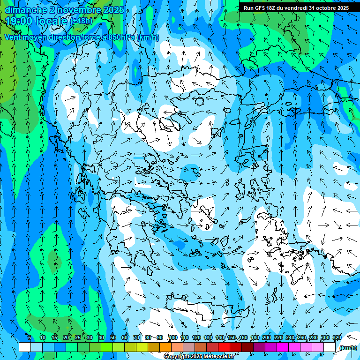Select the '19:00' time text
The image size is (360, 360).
tap(20, 21)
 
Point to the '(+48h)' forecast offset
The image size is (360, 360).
tap(81, 21)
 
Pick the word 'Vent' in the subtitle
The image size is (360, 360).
tap(13, 37)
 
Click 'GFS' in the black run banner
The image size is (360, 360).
tap(261, 8)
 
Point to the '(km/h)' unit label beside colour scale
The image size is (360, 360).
tap(347, 348)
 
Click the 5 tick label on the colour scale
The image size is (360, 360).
tap(30, 337)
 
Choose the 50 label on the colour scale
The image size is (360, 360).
tap(112, 337)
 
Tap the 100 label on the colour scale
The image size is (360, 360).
tap(172, 337)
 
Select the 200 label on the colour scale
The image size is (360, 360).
tap(267, 337)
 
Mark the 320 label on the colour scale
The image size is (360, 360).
tap(337, 337)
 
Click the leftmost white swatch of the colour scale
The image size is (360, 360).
tap(25, 347)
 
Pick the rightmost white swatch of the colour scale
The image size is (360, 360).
tap(330, 347)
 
